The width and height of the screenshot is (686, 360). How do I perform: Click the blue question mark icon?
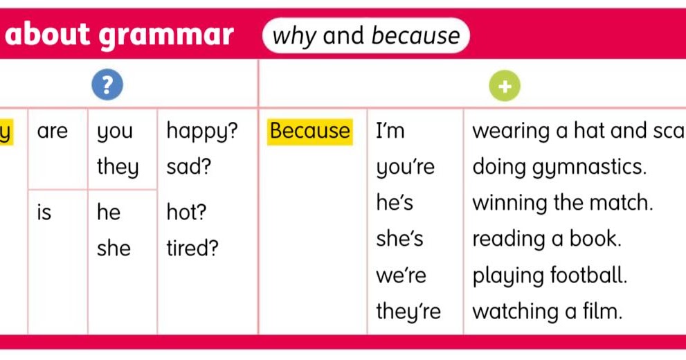[x=107, y=84]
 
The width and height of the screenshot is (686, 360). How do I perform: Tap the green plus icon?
[x=504, y=86]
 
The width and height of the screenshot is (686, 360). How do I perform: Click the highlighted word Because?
[x=310, y=131]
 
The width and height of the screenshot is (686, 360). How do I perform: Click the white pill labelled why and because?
[x=366, y=35]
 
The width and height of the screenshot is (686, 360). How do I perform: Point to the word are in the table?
[x=53, y=131]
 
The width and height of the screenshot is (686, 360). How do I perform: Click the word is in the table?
[x=44, y=213]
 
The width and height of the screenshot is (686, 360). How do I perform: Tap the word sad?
[x=189, y=167]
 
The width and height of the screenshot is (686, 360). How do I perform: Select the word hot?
[x=187, y=213]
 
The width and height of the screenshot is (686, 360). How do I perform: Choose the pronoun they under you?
[x=118, y=168]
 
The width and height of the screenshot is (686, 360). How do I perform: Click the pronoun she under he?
[x=114, y=249]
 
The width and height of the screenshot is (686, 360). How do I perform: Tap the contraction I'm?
[x=390, y=131]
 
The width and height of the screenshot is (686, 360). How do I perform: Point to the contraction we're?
[x=401, y=276]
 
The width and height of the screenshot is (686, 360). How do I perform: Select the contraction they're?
[x=408, y=312]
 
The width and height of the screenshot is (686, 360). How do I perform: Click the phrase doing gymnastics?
[x=559, y=168]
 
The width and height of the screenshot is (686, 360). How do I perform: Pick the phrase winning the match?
[x=562, y=204]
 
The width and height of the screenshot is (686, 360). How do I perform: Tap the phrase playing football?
[x=550, y=276]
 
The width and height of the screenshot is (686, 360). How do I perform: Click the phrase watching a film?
[x=548, y=312]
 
